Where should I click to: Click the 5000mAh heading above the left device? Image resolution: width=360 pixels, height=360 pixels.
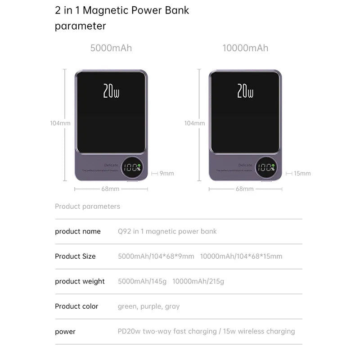[111, 48]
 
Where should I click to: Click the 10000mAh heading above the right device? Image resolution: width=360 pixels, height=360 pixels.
[245, 48]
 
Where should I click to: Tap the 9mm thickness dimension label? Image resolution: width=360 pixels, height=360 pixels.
[166, 173]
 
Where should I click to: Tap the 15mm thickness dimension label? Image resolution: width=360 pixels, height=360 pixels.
[302, 173]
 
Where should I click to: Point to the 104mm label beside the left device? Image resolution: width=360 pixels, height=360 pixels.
[60, 123]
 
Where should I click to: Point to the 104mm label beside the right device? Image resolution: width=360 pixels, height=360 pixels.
[194, 123]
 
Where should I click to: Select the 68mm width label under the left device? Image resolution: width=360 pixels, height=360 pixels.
[110, 189]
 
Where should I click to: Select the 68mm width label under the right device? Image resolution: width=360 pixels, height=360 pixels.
[245, 189]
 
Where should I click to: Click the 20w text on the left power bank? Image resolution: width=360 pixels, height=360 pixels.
[111, 91]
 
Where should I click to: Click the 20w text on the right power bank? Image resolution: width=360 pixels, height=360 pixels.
[245, 91]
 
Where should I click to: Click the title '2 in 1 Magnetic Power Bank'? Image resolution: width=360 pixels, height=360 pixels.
[122, 11]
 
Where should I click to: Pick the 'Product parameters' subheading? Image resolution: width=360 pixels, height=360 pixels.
[87, 207]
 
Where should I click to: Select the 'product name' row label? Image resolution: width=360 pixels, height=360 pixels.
[78, 231]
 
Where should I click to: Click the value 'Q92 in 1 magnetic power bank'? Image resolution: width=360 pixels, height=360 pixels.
[167, 231]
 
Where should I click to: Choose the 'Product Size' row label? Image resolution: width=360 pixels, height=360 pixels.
[75, 256]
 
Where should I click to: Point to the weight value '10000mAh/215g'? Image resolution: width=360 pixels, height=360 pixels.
[198, 282]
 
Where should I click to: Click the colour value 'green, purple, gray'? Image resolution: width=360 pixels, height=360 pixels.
[148, 306]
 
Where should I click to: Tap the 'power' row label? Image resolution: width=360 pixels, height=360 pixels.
[65, 332]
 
